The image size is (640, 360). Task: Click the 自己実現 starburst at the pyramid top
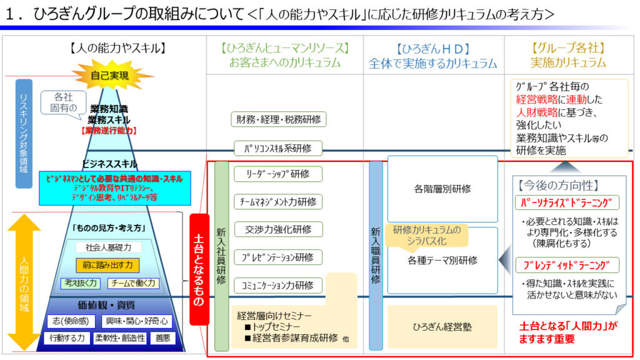click(x=110, y=76)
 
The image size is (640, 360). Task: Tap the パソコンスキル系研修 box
click(x=278, y=148)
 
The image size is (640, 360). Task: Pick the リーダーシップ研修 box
click(x=278, y=174)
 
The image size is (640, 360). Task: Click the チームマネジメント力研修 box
click(x=278, y=202)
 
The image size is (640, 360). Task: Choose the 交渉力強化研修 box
click(x=278, y=229)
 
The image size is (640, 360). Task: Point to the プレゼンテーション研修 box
click(x=278, y=257)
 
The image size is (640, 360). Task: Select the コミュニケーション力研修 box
click(x=278, y=285)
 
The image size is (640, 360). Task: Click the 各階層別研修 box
click(x=442, y=188)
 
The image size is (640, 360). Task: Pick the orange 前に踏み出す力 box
click(x=107, y=265)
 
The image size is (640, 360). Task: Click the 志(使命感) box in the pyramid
click(x=71, y=321)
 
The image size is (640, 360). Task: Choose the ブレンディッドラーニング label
click(x=567, y=265)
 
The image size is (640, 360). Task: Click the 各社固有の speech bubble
click(x=63, y=102)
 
